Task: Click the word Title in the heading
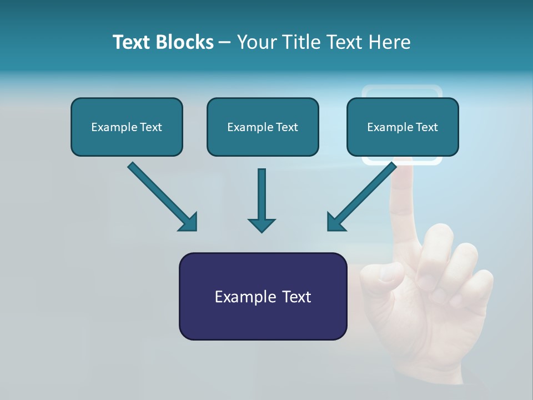(x=300, y=42)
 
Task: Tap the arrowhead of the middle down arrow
(x=262, y=225)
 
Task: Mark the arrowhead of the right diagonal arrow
(x=335, y=222)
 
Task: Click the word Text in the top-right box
(x=426, y=127)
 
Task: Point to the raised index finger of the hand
(x=404, y=200)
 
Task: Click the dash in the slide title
(x=225, y=43)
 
